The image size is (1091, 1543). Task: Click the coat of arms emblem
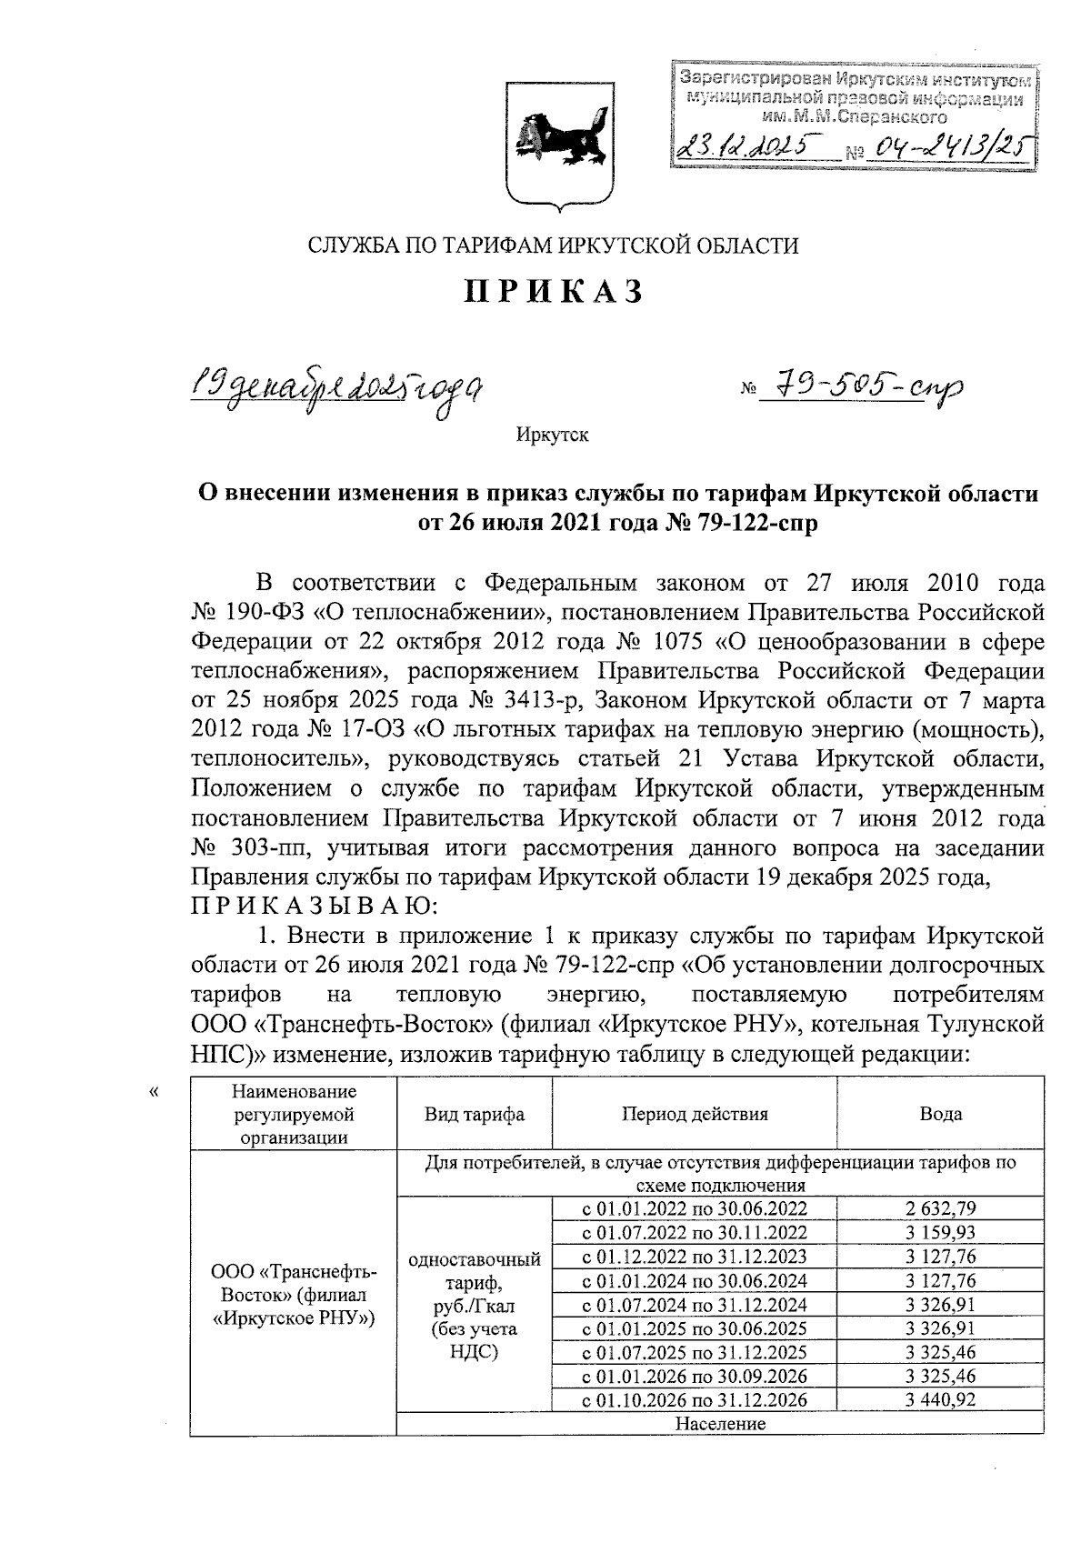555,145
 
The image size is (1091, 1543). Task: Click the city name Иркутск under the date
552,436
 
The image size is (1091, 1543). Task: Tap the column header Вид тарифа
474,1114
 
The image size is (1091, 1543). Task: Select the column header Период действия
695,1114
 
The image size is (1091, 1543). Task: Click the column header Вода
940,1114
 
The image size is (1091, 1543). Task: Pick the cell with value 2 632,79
940,1208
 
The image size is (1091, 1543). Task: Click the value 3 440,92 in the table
940,1400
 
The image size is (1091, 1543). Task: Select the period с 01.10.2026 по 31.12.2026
695,1400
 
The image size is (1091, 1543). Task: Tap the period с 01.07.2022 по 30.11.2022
695,1232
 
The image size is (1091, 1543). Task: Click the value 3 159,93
940,1232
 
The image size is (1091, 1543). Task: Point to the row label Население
720,1424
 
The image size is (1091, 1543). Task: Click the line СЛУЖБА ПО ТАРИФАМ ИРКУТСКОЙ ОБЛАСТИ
554,245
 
